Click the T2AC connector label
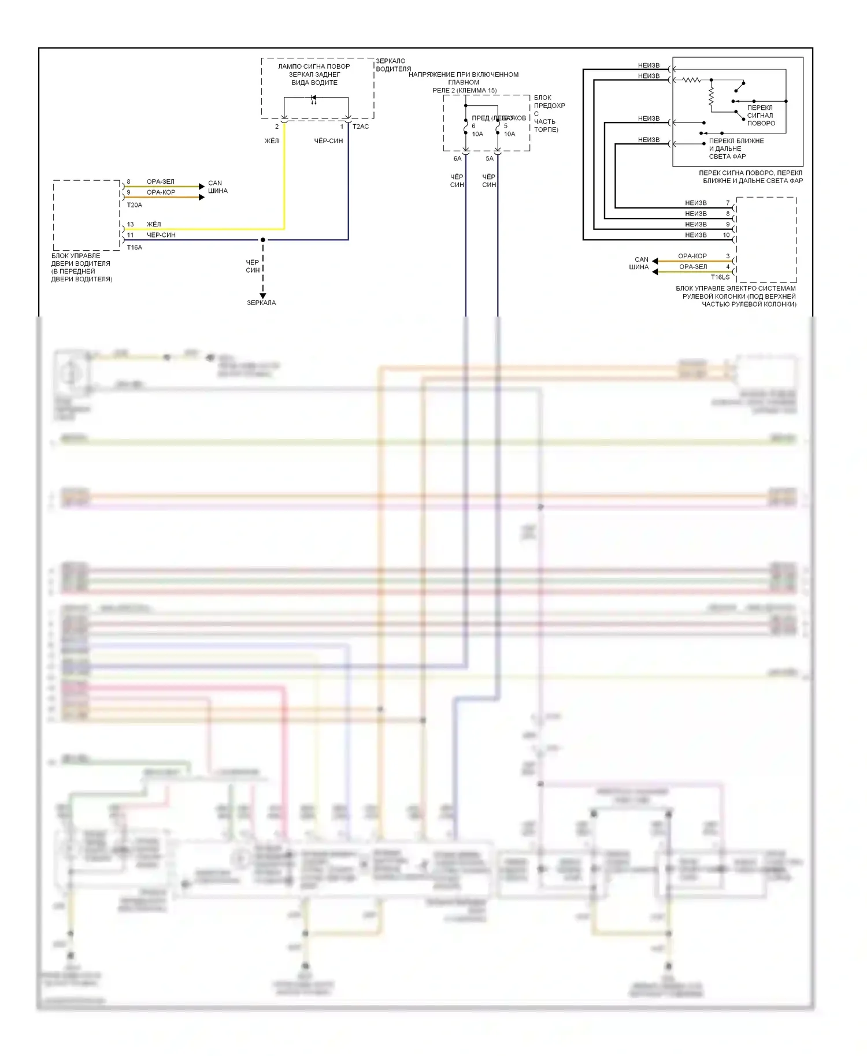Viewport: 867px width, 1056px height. point(361,127)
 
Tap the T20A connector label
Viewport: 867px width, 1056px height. point(134,205)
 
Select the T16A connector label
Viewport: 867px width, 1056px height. point(134,247)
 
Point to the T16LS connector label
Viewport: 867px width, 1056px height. point(720,277)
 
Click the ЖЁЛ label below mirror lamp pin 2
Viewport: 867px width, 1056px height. point(272,141)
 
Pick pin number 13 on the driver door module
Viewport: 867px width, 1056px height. point(130,224)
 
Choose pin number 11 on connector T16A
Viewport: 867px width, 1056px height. point(130,235)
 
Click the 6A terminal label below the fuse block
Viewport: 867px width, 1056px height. point(457,158)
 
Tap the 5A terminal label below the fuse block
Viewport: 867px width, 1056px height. point(490,158)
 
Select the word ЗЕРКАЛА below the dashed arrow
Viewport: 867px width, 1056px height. point(261,303)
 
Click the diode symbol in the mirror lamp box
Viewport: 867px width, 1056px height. point(314,98)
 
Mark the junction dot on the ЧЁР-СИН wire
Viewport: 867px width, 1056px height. point(263,240)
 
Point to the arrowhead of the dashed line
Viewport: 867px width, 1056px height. point(263,296)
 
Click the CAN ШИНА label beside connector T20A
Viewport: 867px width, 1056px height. point(217,187)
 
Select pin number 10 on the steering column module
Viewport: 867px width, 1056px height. point(726,235)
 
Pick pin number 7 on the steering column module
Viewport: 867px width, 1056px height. point(728,203)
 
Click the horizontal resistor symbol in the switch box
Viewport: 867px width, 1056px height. point(691,80)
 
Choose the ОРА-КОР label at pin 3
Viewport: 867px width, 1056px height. point(692,256)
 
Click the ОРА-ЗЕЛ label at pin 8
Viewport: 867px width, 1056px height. point(160,181)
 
